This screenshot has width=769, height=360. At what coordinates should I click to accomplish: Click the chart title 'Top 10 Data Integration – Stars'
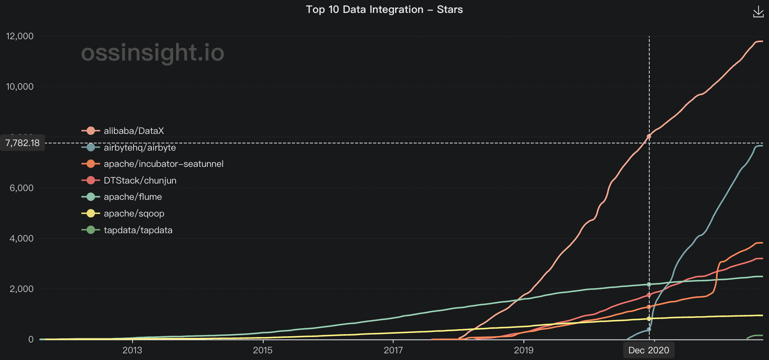(384, 10)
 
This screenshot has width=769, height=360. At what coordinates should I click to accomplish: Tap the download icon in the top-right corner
(758, 12)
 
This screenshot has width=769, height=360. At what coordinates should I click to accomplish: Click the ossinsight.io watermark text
(153, 53)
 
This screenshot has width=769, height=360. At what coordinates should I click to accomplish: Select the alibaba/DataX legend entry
(134, 131)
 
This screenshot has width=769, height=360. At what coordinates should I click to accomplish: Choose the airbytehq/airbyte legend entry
(139, 148)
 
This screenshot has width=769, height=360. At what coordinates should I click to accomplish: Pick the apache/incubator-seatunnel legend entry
(163, 164)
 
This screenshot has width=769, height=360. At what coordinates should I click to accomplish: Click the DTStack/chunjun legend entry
(140, 181)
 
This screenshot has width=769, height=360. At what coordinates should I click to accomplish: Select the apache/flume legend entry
(132, 197)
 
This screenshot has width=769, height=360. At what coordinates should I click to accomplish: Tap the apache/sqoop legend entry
(134, 214)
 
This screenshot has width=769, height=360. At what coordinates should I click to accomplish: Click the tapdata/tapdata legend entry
(138, 230)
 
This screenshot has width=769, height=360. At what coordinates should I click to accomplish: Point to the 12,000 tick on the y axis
(20, 36)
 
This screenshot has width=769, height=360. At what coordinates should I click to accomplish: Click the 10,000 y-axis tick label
(20, 87)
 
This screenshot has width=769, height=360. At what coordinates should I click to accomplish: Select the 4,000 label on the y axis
(21, 239)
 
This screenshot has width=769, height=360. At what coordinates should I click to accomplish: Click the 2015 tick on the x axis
(262, 350)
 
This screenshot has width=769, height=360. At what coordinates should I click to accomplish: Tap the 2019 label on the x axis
(524, 350)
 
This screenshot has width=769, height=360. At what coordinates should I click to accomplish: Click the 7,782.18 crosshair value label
(23, 143)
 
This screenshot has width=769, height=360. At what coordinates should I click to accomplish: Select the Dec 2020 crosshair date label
(648, 350)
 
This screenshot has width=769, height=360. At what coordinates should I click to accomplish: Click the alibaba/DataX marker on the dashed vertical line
(649, 136)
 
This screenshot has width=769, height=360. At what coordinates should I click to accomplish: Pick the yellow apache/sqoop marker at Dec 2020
(649, 319)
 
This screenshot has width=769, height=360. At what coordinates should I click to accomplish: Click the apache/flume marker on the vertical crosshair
(649, 284)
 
